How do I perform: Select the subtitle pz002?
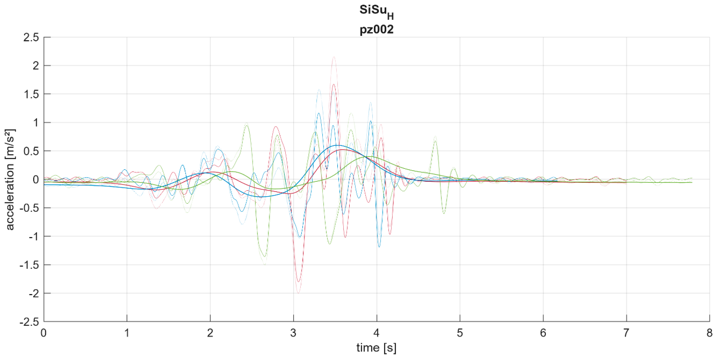coord(376,29)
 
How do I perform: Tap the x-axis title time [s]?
coord(376,348)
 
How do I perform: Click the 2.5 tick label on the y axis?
coord(31,37)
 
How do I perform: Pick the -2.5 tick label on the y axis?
coord(29,322)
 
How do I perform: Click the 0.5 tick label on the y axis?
coord(31,151)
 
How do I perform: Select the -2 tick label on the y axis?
coord(33,293)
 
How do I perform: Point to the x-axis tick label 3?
coord(293,333)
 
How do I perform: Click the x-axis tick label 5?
coord(460,333)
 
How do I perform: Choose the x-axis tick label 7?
coord(626,333)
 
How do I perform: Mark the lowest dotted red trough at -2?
coord(298,293)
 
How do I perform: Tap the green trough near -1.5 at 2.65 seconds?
coord(265,264)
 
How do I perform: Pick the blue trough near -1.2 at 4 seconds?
coord(379,247)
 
